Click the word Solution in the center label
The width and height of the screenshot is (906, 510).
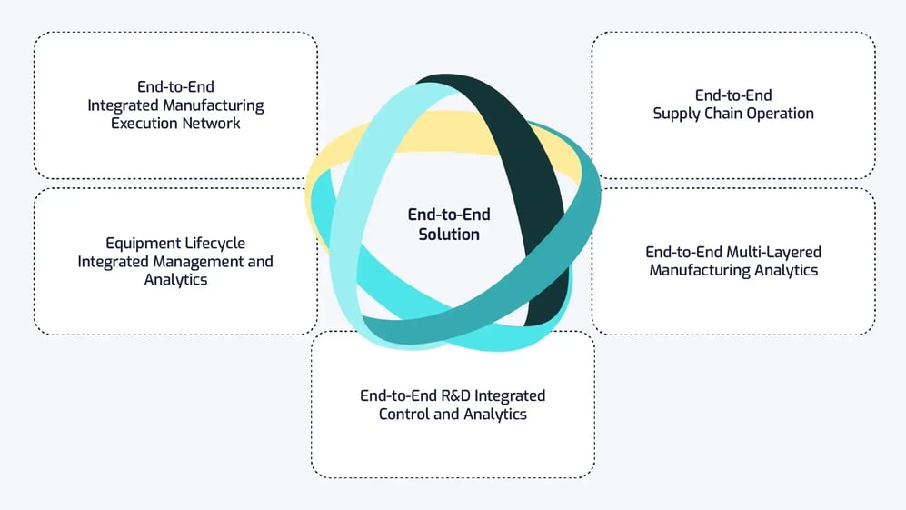449,235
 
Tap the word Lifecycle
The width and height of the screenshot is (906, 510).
214,244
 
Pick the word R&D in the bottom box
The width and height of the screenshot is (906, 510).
450,396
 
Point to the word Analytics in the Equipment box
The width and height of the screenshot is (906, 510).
175,280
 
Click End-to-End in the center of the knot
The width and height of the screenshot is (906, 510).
449,215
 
